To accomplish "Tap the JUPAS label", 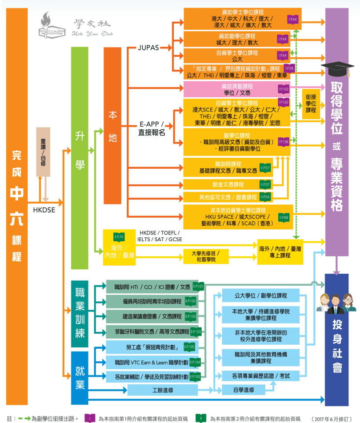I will click(148, 48).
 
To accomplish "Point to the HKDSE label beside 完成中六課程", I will click(44, 210).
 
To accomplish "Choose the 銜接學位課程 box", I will click(311, 104).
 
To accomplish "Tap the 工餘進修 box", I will click(162, 390).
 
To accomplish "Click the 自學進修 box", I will click(244, 390).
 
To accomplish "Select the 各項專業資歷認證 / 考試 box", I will click(260, 376).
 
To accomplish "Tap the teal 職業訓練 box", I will click(80, 314).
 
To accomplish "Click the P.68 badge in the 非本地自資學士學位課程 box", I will click(283, 217).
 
